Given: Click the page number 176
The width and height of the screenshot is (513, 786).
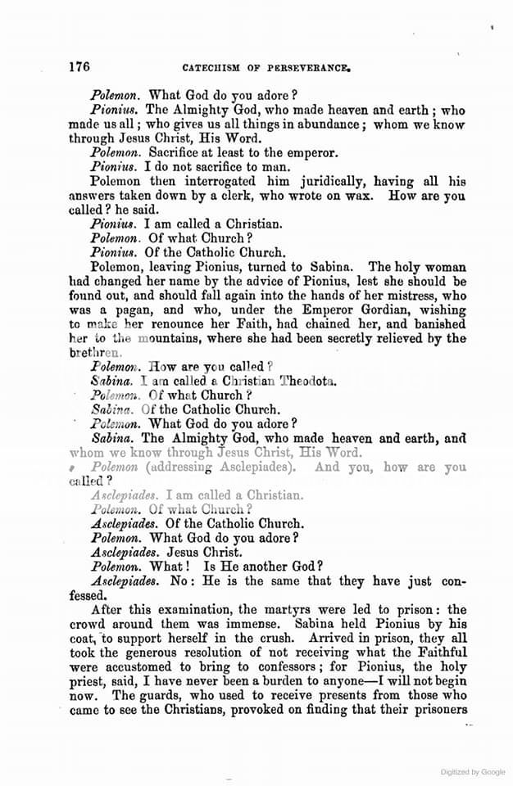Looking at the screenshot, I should [79, 67].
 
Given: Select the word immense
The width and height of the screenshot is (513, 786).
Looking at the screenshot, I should [306, 624].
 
